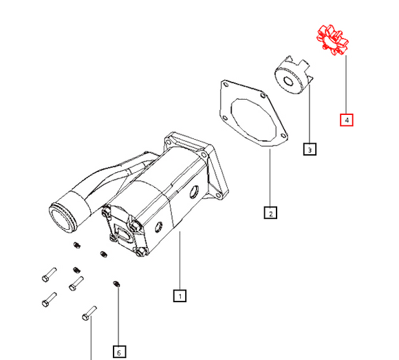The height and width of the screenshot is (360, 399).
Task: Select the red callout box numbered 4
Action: (x=347, y=120)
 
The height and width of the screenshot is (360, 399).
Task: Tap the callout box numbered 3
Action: (x=310, y=149)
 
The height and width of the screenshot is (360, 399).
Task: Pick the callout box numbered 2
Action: (x=271, y=213)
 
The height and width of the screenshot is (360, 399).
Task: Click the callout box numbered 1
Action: (x=179, y=297)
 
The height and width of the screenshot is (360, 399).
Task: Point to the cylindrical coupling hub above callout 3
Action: (x=292, y=77)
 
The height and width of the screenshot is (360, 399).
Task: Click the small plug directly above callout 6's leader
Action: (x=116, y=283)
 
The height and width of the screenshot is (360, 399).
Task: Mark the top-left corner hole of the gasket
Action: (x=224, y=85)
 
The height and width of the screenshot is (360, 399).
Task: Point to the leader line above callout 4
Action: (x=346, y=83)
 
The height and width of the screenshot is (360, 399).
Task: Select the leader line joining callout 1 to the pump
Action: (x=179, y=262)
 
